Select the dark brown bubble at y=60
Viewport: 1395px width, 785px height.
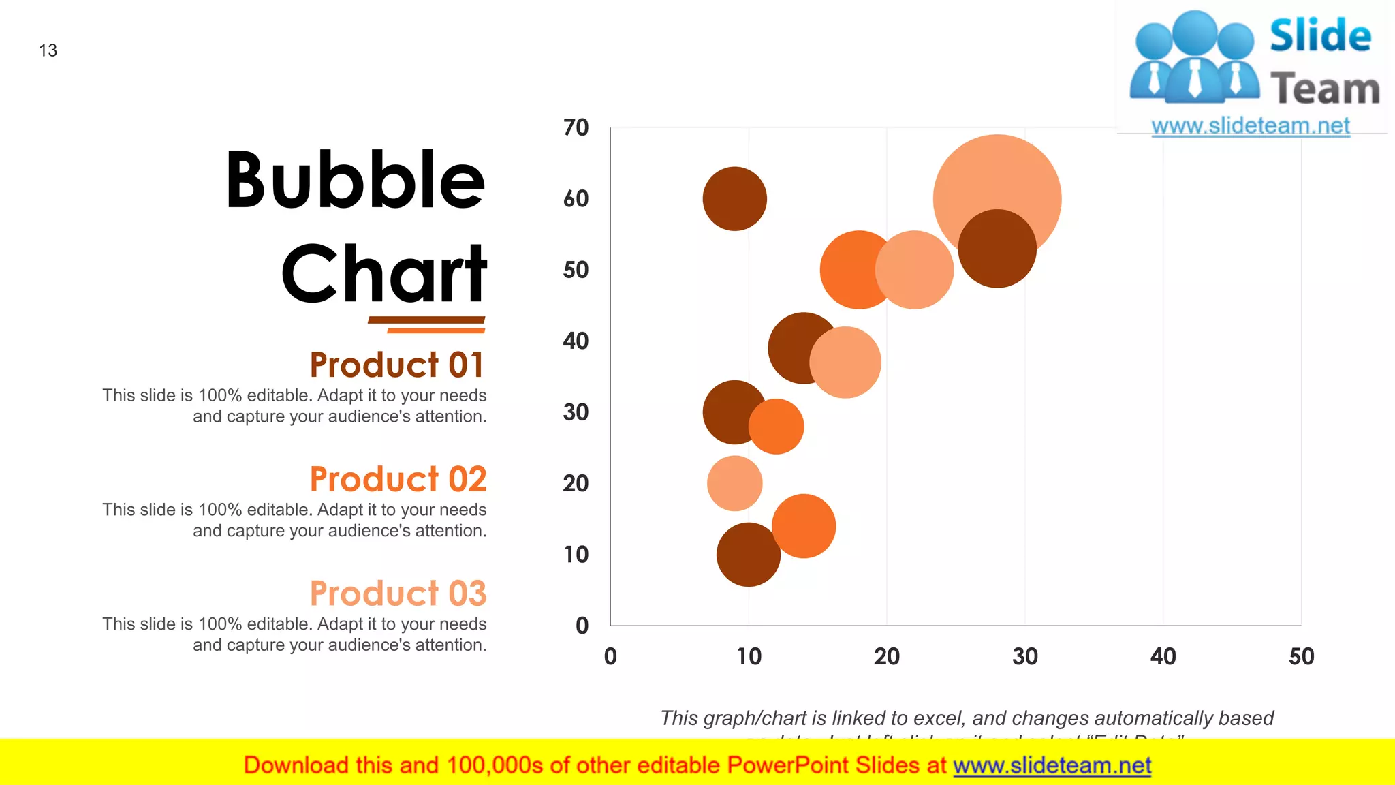pyautogui.click(x=734, y=199)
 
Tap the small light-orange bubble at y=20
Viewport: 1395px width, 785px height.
pyautogui.click(x=734, y=483)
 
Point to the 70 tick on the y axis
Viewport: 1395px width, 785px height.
pyautogui.click(x=576, y=127)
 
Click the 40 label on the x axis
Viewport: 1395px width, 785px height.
pyautogui.click(x=1163, y=656)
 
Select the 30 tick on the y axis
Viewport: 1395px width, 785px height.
pyautogui.click(x=576, y=412)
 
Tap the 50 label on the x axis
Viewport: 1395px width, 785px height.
pyautogui.click(x=1301, y=656)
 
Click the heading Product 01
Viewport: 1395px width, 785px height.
pyautogui.click(x=397, y=365)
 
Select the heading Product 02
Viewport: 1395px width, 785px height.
pyautogui.click(x=398, y=479)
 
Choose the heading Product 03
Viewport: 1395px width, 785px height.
pyautogui.click(x=398, y=594)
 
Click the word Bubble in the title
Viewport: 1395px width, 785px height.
pyautogui.click(x=355, y=181)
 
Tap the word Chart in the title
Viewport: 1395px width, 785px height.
pyautogui.click(x=383, y=274)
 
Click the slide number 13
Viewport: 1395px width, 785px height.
pyautogui.click(x=48, y=50)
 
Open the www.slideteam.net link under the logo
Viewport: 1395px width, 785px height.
pyautogui.click(x=1250, y=126)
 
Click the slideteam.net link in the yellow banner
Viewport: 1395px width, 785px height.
pyautogui.click(x=1052, y=765)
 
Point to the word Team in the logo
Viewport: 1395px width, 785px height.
pyautogui.click(x=1324, y=89)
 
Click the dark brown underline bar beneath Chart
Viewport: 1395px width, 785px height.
pyautogui.click(x=426, y=320)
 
